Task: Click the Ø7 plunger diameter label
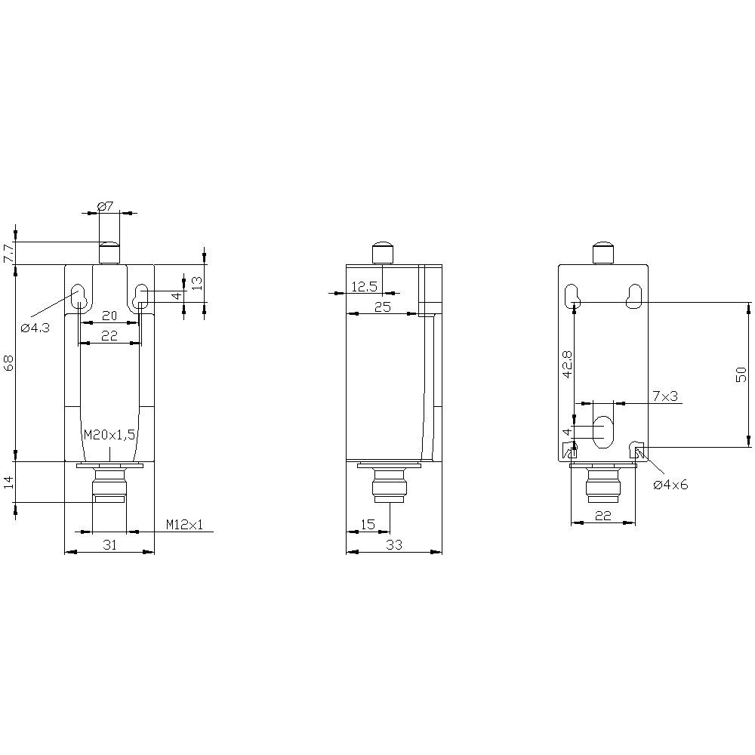(x=106, y=205)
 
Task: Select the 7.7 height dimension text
(x=8, y=253)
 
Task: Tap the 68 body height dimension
(x=8, y=363)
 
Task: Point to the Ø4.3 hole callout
(x=35, y=328)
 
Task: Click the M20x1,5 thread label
(x=110, y=434)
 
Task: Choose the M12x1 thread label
(x=184, y=525)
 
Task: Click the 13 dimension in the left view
(x=196, y=283)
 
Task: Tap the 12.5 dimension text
(x=364, y=286)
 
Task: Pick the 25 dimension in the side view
(x=381, y=306)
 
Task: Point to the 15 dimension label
(x=367, y=524)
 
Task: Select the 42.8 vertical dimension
(x=567, y=363)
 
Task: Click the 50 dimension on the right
(x=741, y=374)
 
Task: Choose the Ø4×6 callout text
(x=670, y=485)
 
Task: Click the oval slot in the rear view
(x=603, y=431)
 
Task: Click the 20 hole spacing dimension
(x=109, y=316)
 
